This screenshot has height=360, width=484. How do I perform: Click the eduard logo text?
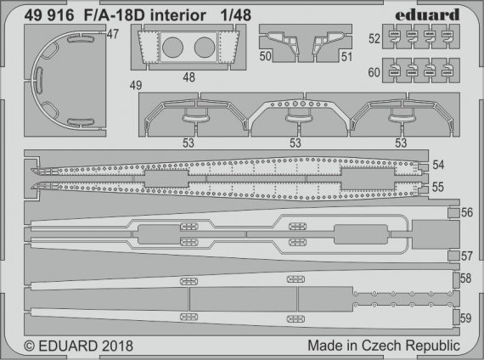tap(429, 14)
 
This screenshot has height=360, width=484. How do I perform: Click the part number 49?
tap(135, 85)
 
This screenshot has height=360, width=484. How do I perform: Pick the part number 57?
tap(466, 256)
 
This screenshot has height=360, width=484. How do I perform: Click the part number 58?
tap(466, 278)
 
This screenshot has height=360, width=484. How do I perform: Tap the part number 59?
tap(466, 318)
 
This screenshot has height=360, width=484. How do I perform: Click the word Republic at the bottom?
tap(433, 346)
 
